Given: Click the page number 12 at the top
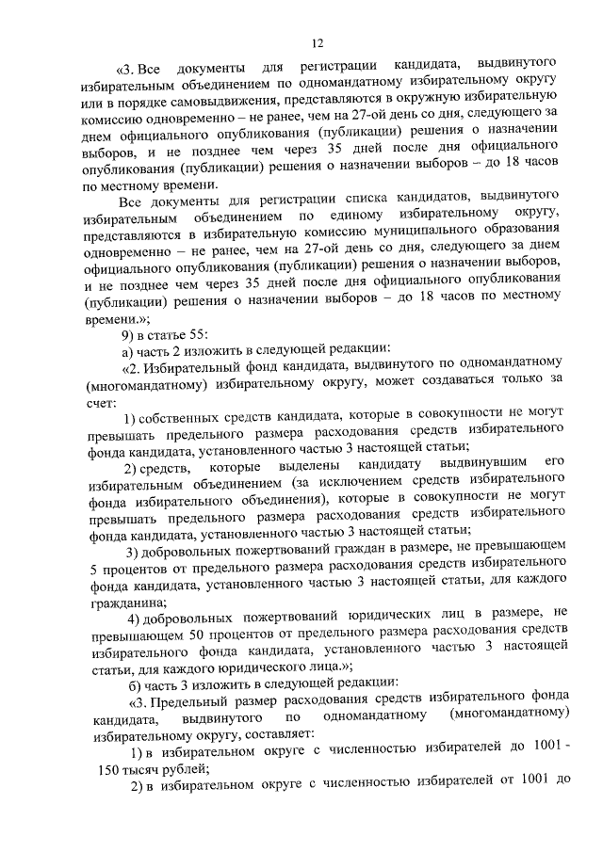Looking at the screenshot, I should pyautogui.click(x=317, y=42).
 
